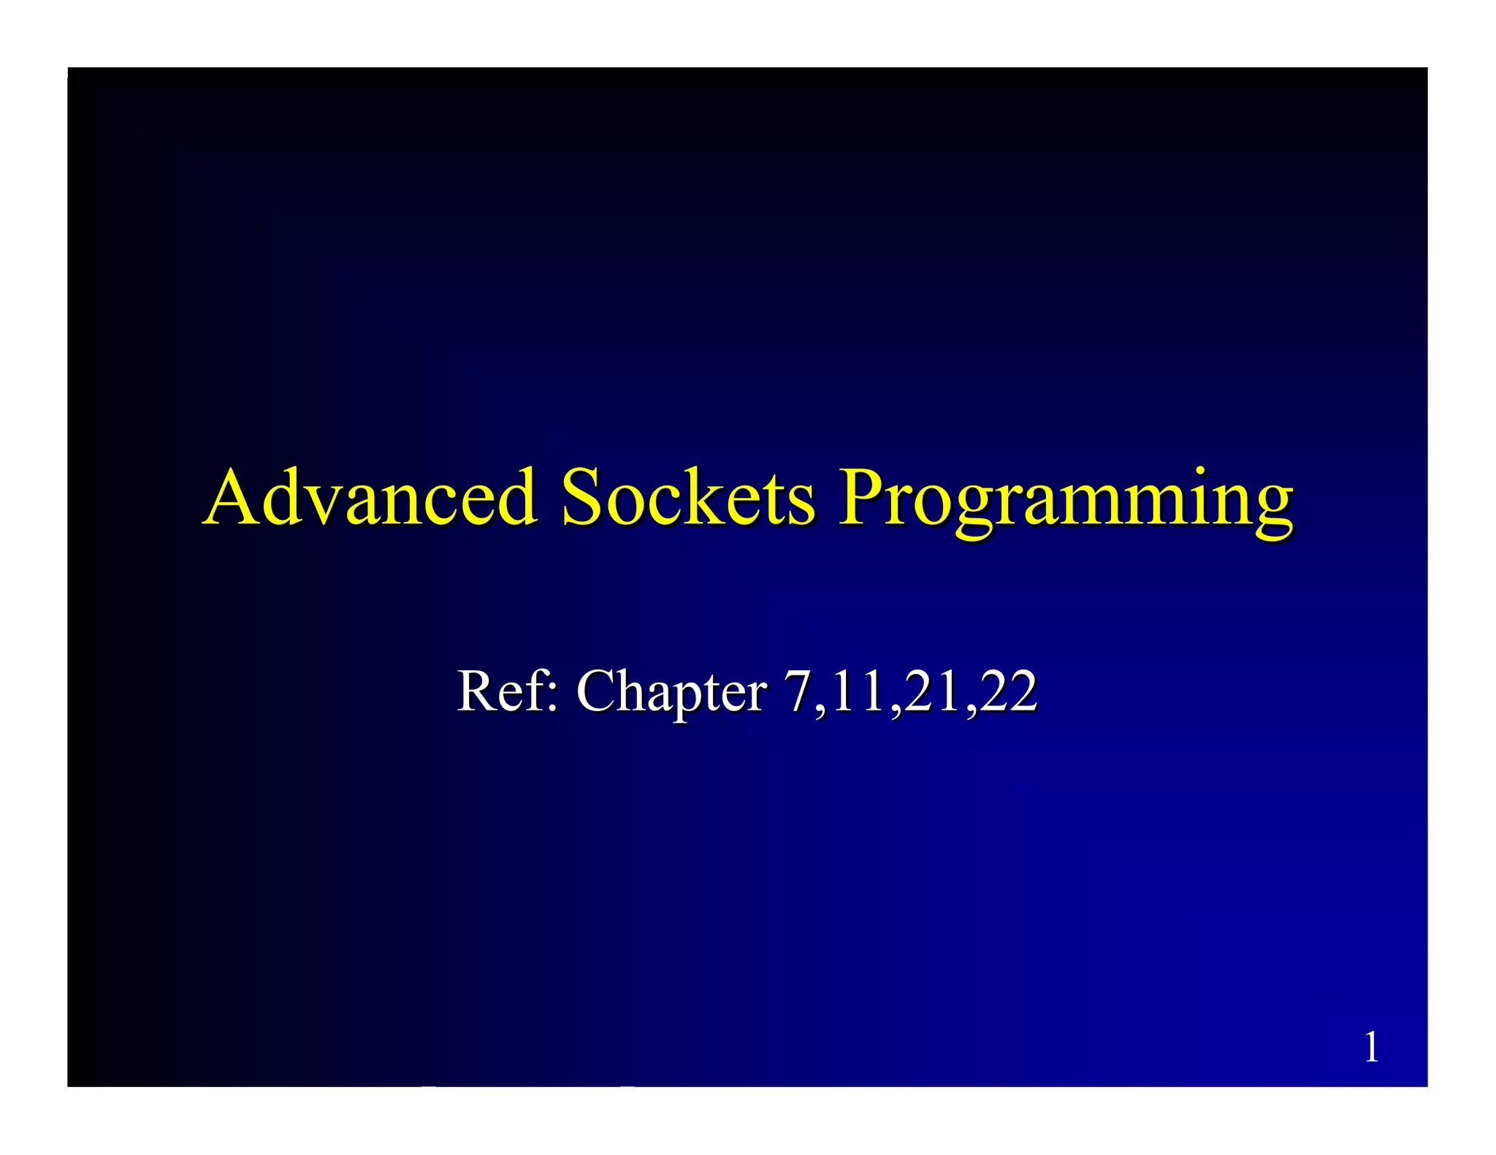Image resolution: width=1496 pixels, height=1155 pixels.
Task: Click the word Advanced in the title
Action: [371, 498]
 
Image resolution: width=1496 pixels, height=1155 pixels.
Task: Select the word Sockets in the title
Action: [687, 498]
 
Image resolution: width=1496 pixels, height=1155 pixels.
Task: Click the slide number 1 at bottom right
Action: [1371, 1048]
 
